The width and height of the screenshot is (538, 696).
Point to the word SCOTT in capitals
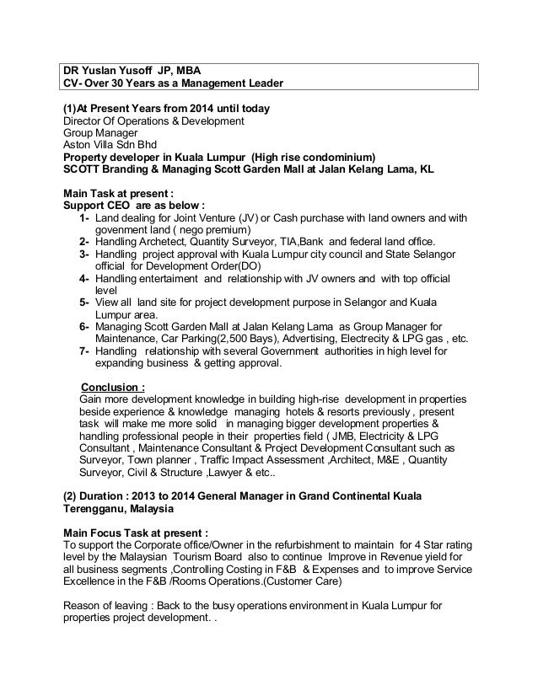click(83, 169)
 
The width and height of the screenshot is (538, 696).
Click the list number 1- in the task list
click(84, 218)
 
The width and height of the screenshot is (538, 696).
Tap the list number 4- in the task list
click(84, 278)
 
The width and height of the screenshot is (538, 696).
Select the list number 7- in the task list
click(84, 351)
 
